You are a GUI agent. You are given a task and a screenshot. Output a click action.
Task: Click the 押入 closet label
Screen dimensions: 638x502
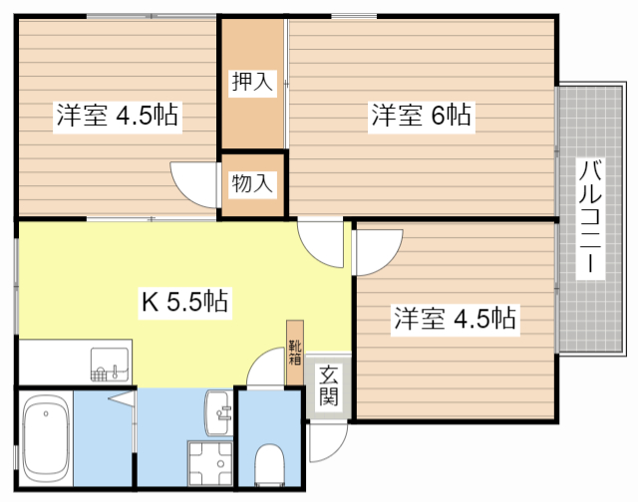[x=252, y=82]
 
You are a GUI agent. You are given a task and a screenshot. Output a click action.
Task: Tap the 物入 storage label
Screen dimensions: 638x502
[x=252, y=183]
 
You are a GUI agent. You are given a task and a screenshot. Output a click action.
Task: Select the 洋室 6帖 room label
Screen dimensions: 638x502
[x=421, y=115]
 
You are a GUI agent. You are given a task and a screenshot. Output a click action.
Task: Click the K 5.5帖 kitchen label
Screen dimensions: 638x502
[x=184, y=301]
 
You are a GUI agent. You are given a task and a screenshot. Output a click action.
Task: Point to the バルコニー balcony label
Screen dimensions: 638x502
[x=590, y=217]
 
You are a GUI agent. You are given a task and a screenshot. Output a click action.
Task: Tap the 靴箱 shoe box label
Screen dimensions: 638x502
[x=295, y=352]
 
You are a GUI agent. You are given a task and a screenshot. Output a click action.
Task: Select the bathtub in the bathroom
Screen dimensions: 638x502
[x=46, y=438]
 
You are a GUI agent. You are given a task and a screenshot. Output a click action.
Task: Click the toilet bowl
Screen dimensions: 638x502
[x=269, y=464]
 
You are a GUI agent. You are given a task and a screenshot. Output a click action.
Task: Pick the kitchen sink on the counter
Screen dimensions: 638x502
[x=110, y=365]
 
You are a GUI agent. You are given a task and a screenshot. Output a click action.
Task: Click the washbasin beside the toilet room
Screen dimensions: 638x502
[x=219, y=413]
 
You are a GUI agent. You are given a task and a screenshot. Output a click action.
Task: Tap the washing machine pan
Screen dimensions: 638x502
[x=210, y=463]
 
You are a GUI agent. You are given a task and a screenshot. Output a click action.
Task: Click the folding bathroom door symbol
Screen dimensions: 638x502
[x=122, y=398]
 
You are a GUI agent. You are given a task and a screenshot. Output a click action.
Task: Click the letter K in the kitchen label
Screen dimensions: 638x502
[x=150, y=302]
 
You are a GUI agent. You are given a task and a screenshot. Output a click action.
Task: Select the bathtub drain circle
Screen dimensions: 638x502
[x=46, y=413]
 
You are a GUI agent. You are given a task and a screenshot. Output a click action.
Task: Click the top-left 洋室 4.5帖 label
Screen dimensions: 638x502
[x=118, y=115]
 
